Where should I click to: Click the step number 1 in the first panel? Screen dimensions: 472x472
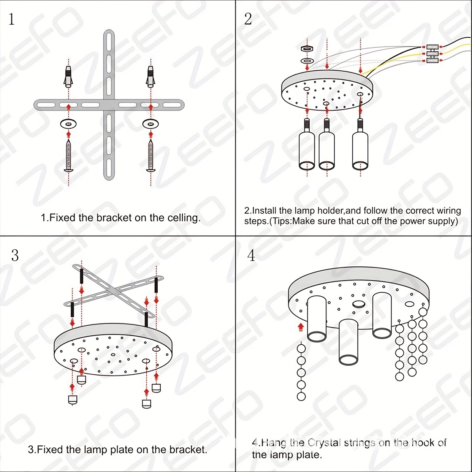pos(11,19)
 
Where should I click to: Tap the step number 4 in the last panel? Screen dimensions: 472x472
pos(251,255)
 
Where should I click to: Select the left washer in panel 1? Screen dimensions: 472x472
pos(68,124)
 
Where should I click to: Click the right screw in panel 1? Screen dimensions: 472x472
pos(151,156)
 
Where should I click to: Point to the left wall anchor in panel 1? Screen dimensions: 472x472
pos(68,76)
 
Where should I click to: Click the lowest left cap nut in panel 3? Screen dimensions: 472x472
pos(73,400)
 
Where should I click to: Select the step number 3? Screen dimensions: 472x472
pos(15,255)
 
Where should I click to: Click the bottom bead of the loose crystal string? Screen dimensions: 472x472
pos(301,397)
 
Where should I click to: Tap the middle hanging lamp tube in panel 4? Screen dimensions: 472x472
pos(348,342)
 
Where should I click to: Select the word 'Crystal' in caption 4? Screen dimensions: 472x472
pos(324,443)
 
